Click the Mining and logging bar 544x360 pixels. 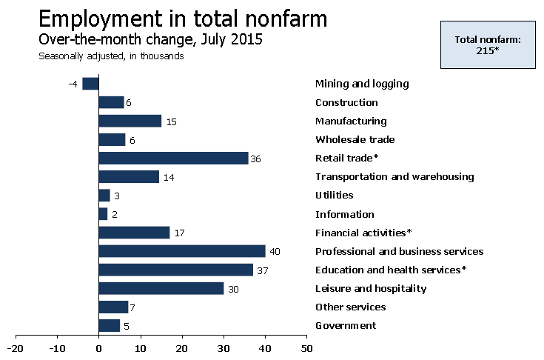click(x=90, y=84)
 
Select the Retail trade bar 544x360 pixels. click(x=173, y=158)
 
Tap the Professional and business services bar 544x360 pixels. click(x=181, y=251)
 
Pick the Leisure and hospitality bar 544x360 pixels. click(x=161, y=288)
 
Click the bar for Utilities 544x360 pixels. click(x=104, y=196)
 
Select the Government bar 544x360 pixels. click(x=109, y=325)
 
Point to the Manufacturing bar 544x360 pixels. click(x=130, y=121)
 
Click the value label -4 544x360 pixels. click(x=73, y=84)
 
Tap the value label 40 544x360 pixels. click(x=275, y=252)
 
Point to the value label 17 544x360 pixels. click(x=180, y=233)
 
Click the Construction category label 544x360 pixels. click(x=346, y=103)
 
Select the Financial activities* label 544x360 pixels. click(x=363, y=233)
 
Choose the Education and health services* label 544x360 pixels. click(x=391, y=270)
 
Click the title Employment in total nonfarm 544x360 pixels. click(x=183, y=19)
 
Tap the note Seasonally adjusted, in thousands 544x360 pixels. click(x=111, y=56)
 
